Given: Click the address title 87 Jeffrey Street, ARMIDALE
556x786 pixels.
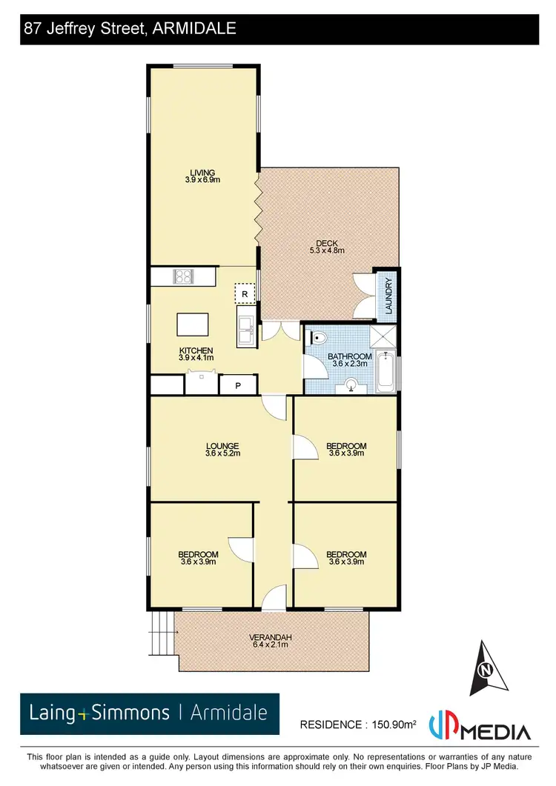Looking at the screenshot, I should click(x=130, y=29).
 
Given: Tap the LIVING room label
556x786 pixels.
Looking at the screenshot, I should click(x=202, y=176).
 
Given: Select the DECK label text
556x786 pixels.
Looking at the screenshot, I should click(x=327, y=247).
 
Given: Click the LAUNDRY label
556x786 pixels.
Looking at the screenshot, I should click(x=388, y=296).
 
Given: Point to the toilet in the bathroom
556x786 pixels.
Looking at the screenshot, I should click(x=318, y=339).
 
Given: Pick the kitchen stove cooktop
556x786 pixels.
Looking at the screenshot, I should click(x=183, y=276).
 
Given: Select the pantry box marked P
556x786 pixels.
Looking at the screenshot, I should click(x=239, y=385).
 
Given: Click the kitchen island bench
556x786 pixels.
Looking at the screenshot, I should click(x=192, y=325).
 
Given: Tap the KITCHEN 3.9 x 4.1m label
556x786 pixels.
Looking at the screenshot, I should click(x=196, y=354).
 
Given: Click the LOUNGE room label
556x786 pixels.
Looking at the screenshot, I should click(x=222, y=450).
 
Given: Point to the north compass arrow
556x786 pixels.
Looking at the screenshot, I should click(x=486, y=670).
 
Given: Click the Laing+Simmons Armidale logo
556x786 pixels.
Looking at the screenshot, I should click(x=150, y=713).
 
